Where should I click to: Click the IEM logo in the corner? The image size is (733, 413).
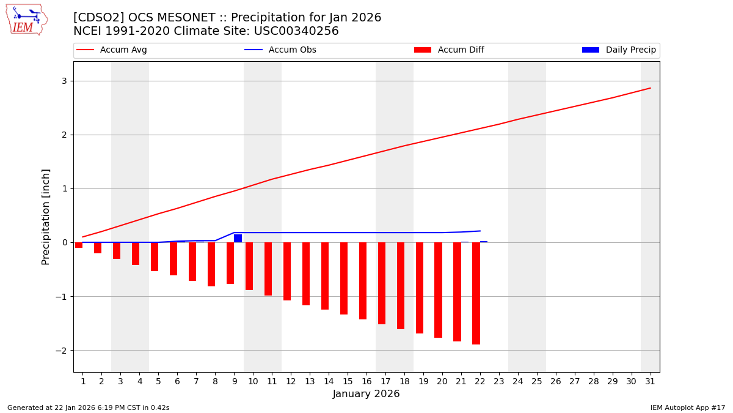tap(26, 20)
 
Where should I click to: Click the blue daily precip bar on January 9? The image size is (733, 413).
tap(238, 238)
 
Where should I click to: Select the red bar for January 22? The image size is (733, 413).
tap(476, 293)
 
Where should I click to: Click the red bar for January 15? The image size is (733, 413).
tap(344, 278)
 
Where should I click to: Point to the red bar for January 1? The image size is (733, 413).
tap(79, 245)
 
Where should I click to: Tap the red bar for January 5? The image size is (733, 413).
tap(155, 256)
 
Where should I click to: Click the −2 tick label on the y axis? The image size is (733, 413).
tap(64, 350)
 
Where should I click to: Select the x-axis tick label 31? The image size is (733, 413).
tap(650, 381)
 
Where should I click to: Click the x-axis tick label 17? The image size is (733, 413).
tap(385, 381)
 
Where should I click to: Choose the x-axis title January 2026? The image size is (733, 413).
tap(366, 394)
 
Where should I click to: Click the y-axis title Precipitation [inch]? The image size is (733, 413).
tap(46, 217)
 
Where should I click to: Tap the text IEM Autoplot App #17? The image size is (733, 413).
tap(687, 407)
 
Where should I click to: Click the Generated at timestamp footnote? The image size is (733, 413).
tap(89, 407)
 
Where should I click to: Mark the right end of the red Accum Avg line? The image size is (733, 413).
tap(650, 88)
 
